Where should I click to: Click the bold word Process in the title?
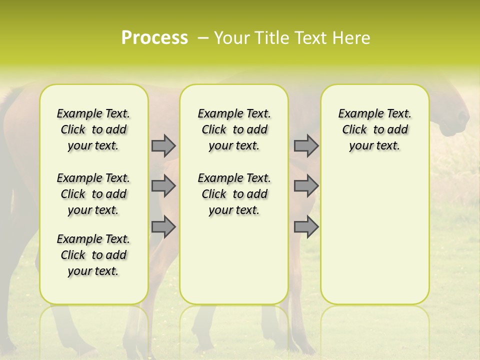(154, 38)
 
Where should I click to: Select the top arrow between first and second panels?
(163, 145)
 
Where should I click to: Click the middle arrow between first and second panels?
(163, 186)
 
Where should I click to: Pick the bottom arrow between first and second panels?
(163, 227)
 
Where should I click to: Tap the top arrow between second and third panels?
(306, 145)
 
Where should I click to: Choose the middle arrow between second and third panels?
(306, 186)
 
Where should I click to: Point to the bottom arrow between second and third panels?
(306, 227)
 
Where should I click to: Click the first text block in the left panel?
(93, 129)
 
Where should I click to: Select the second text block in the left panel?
(93, 194)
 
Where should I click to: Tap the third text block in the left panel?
(93, 255)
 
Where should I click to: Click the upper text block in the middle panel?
(234, 129)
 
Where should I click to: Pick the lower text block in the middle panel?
(234, 194)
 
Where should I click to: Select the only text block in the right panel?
(374, 129)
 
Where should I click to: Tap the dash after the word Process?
(202, 38)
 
